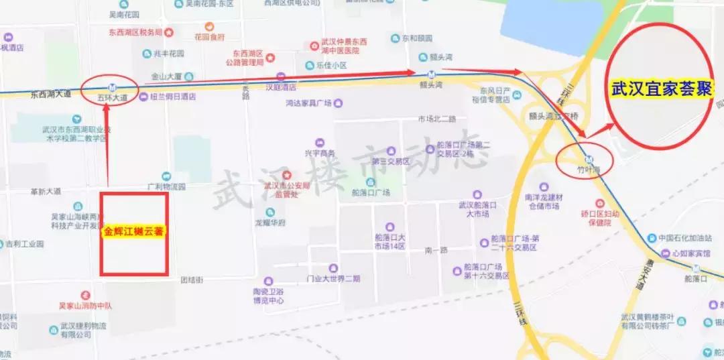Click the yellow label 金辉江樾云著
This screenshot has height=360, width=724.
point(134,232)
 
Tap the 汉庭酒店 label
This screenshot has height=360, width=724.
point(281,87)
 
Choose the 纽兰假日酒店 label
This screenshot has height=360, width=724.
point(173,97)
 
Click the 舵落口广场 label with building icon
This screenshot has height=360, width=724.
point(370,192)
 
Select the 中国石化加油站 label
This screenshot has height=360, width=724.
point(683,238)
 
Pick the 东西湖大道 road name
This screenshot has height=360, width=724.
point(50,95)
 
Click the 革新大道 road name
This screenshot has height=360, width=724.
point(46,192)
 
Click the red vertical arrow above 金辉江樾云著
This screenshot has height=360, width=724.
point(107,141)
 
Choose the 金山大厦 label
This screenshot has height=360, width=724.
point(168,76)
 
